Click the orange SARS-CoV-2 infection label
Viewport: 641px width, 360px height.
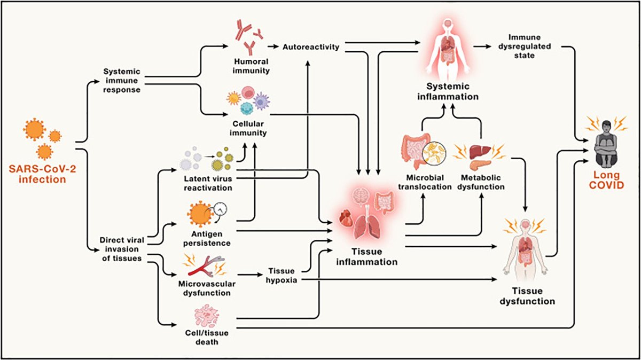point(36,174)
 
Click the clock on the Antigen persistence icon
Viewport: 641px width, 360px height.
point(220,209)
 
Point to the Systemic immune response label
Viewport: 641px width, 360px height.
point(122,80)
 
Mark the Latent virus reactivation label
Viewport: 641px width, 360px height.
point(206,183)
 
